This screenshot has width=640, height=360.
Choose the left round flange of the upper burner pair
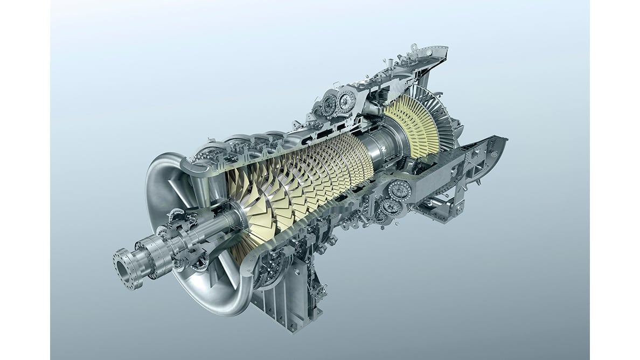pos(329,105)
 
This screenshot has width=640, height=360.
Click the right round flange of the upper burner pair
pos(346,100)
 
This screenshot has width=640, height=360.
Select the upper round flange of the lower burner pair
pos(399,191)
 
